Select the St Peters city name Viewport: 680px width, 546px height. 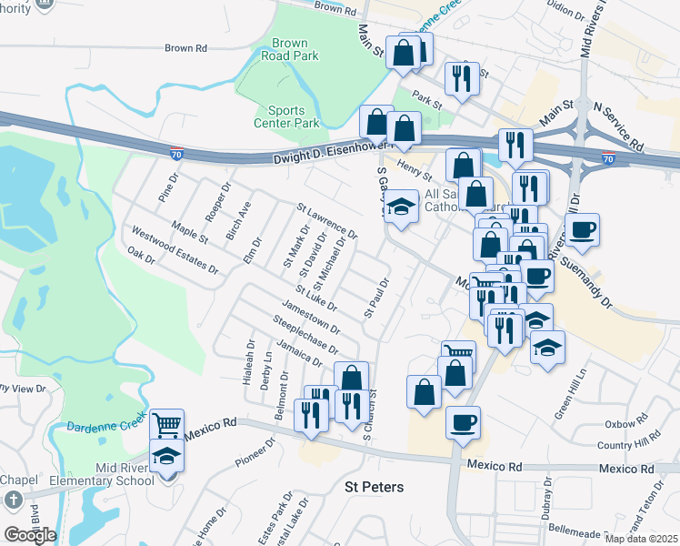click(x=374, y=487)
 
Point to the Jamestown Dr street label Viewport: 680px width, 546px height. click(x=311, y=316)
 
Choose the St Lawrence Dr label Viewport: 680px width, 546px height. click(x=327, y=221)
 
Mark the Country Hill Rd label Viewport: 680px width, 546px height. click(x=635, y=444)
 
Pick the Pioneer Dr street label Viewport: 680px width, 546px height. click(x=255, y=452)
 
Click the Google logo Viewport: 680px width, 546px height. click(x=30, y=534)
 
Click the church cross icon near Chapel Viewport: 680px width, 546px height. click(x=13, y=500)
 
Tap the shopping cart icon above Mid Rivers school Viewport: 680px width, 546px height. click(x=166, y=424)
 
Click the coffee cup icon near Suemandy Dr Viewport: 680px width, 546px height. click(x=582, y=229)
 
